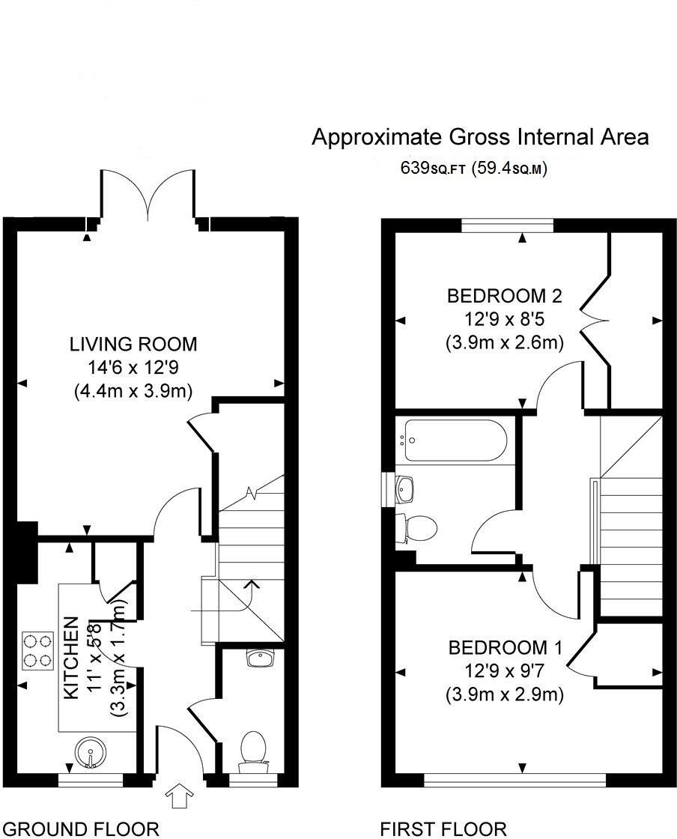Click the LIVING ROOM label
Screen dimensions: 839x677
[x=133, y=345]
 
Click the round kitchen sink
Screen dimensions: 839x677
[x=89, y=754]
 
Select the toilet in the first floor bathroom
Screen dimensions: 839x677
[x=419, y=528]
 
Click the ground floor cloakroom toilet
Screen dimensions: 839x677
[x=252, y=751]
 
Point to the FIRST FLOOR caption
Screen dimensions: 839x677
[x=443, y=829]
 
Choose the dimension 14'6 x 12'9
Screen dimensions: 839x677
[x=133, y=367]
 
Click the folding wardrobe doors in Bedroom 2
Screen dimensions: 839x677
[x=596, y=321]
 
